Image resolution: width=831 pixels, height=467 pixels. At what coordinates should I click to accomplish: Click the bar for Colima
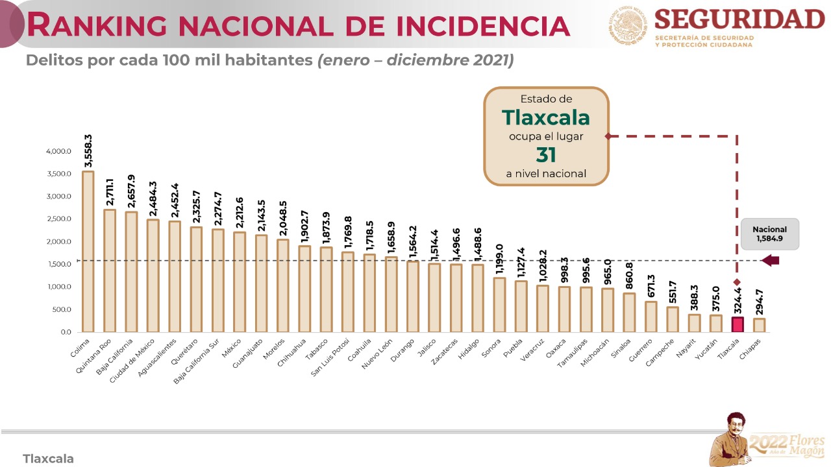click(88, 252)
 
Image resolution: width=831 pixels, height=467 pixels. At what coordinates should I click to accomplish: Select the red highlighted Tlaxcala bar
click(738, 324)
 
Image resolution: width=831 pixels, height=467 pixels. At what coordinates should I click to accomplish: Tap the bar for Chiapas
click(759, 325)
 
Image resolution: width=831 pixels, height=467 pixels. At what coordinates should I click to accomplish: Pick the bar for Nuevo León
click(391, 294)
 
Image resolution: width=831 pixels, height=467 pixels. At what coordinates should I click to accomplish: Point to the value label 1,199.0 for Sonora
click(499, 260)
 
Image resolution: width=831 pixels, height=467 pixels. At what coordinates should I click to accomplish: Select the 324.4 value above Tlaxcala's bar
click(738, 300)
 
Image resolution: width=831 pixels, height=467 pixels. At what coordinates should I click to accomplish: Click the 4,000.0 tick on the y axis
click(58, 152)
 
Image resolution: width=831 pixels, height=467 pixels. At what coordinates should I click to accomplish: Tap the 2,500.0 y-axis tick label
click(58, 219)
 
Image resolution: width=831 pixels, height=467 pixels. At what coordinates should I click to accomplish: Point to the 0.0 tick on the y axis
click(66, 332)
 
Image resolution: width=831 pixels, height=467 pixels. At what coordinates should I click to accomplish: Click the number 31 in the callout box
click(546, 155)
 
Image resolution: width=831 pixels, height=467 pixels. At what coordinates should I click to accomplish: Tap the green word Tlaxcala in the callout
click(546, 117)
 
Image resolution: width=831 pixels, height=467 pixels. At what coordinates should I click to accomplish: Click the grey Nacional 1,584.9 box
click(769, 233)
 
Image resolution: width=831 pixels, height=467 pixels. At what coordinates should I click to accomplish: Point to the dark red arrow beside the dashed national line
click(770, 261)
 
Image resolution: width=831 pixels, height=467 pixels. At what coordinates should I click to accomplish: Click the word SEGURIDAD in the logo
click(739, 19)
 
